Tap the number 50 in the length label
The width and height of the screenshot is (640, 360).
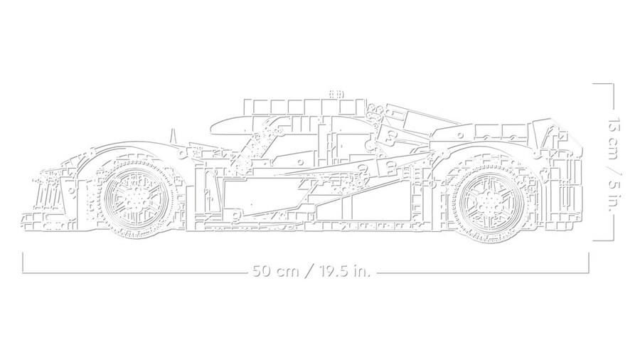pos(260,271)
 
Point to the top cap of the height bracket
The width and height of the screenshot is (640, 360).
pos(603,83)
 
